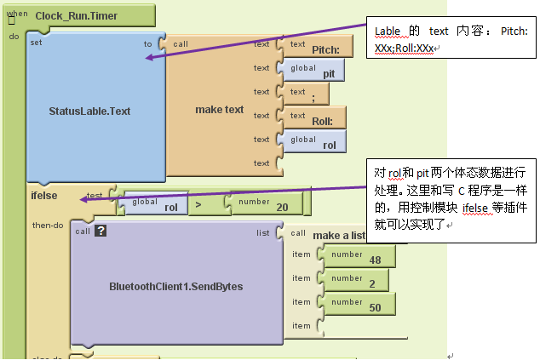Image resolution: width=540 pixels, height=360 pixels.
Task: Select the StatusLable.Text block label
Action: tap(95, 111)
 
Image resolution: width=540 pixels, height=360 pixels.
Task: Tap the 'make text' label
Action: tap(219, 109)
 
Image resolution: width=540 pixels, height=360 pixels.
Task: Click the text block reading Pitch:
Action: tap(314, 47)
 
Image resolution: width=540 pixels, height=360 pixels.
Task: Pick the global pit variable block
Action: tap(314, 71)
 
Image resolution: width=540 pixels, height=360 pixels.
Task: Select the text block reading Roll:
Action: tap(314, 118)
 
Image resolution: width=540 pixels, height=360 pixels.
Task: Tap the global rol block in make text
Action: tap(314, 142)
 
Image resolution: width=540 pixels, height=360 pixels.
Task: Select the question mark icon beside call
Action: tap(100, 231)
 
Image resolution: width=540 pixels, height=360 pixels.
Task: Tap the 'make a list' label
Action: tap(338, 235)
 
